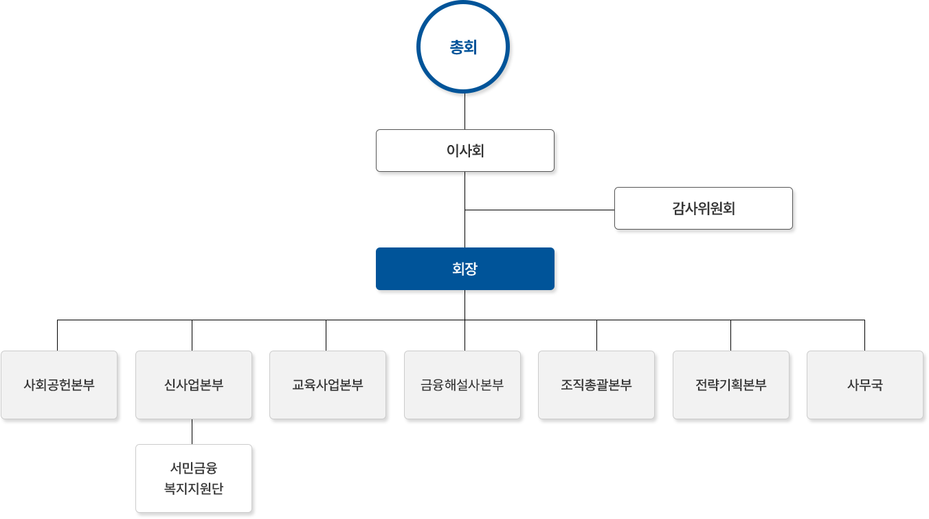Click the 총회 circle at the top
pyautogui.click(x=464, y=48)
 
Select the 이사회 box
pyautogui.click(x=464, y=151)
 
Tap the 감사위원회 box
pyautogui.click(x=703, y=208)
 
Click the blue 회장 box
pyautogui.click(x=464, y=268)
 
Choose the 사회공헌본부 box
pyautogui.click(x=59, y=385)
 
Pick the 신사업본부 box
pyautogui.click(x=193, y=385)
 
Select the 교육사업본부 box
pyautogui.click(x=327, y=385)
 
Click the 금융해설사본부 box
pyautogui.click(x=462, y=385)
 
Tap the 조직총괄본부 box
pyautogui.click(x=596, y=385)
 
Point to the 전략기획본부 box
pyautogui.click(x=730, y=385)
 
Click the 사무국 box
pyautogui.click(x=864, y=385)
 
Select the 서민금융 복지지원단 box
pyautogui.click(x=193, y=478)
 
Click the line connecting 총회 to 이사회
pyautogui.click(x=465, y=114)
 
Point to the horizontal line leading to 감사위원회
pyautogui.click(x=539, y=210)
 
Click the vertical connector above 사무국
pyautogui.click(x=864, y=335)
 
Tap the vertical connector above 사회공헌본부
pyautogui.click(x=58, y=335)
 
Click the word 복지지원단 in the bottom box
pyautogui.click(x=193, y=489)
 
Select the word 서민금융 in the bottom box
pyautogui.click(x=193, y=469)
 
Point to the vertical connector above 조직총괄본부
pyautogui.click(x=596, y=335)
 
